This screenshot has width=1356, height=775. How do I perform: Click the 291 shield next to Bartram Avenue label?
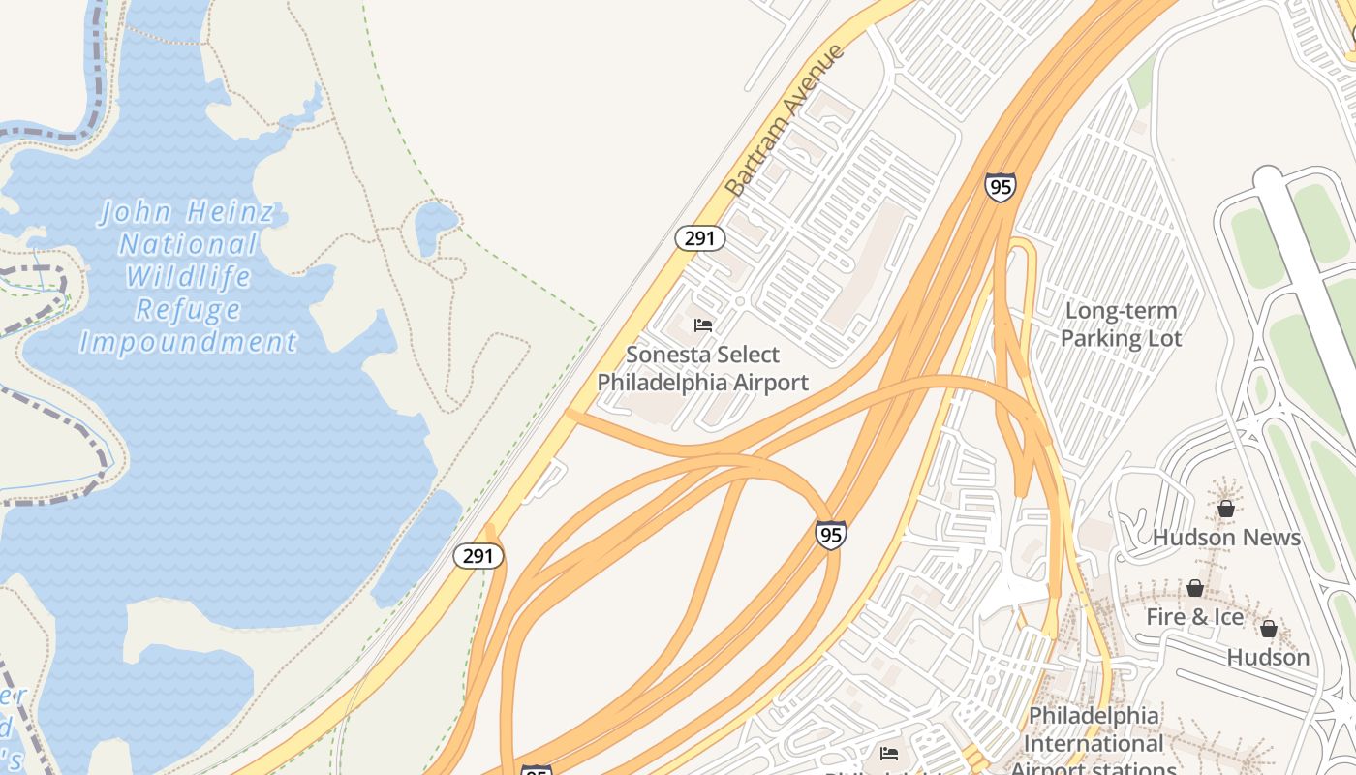699,237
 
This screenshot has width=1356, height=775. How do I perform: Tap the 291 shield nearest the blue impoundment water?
478,556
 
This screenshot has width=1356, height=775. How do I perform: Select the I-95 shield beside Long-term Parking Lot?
1001,187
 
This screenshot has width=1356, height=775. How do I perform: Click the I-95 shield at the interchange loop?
830,535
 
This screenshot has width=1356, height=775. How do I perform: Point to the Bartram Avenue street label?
785,120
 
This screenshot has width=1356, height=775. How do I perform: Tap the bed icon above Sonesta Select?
703,325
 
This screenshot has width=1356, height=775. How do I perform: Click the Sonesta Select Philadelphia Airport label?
702,369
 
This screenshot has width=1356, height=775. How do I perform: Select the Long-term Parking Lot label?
1121,325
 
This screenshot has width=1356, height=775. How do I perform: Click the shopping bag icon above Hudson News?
1225,508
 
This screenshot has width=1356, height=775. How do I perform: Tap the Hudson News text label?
1226,537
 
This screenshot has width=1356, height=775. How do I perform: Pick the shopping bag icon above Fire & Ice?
1195,588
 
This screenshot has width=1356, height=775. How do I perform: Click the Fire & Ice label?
1194,617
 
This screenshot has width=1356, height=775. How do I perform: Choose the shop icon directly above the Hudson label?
1268,629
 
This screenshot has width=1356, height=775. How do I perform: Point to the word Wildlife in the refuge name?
188,277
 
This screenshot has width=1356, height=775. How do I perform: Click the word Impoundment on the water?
188,342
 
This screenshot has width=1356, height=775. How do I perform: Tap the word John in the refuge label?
136,212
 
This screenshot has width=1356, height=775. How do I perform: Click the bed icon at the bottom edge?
889,754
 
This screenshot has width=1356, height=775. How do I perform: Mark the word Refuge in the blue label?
188,310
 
